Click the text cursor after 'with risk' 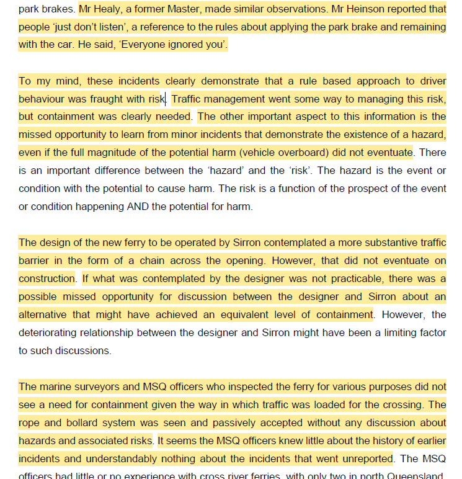point(166,99)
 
